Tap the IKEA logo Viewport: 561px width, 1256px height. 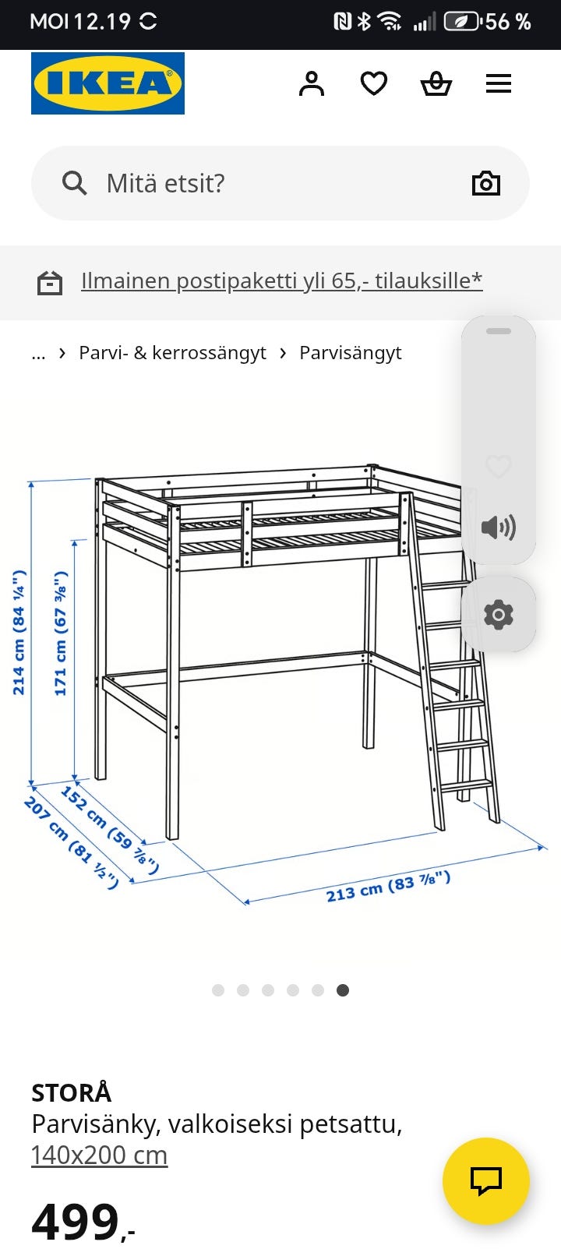pyautogui.click(x=108, y=83)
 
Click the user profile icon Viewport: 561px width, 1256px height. pyautogui.click(x=312, y=84)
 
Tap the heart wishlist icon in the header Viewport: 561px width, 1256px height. pyautogui.click(x=374, y=84)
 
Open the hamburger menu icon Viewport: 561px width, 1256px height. pyautogui.click(x=499, y=84)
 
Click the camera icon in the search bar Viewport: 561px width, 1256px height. pyautogui.click(x=486, y=183)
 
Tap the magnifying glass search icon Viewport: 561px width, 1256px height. pyautogui.click(x=74, y=183)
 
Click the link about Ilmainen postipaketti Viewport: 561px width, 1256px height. pyautogui.click(x=281, y=281)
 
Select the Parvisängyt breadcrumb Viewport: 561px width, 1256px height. pyautogui.click(x=350, y=353)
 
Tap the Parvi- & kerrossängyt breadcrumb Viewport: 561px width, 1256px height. pyautogui.click(x=172, y=353)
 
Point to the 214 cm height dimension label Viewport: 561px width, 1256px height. pyautogui.click(x=19, y=633)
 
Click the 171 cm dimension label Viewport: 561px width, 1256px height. pyautogui.click(x=61, y=633)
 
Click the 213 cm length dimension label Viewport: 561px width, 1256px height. pyautogui.click(x=388, y=886)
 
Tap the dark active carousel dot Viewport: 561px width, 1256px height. pyautogui.click(x=343, y=990)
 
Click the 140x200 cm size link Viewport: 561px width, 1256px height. pyautogui.click(x=99, y=1155)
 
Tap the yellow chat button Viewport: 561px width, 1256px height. pyautogui.click(x=486, y=1181)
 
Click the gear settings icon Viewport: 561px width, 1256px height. pyautogui.click(x=498, y=615)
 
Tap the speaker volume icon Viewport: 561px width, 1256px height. pyautogui.click(x=498, y=527)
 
